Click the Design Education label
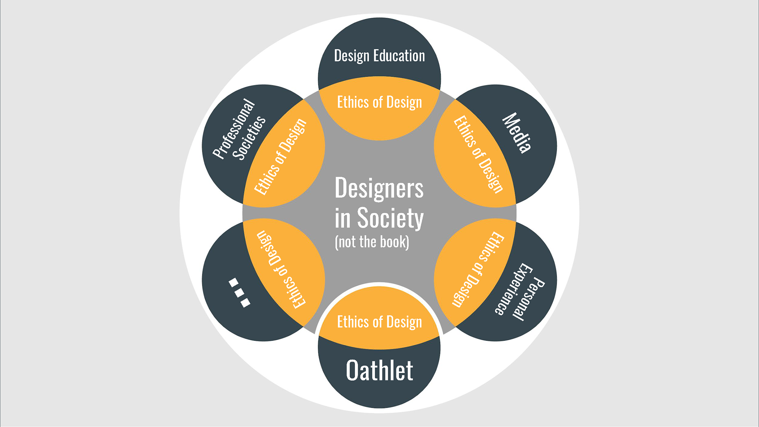pyautogui.click(x=379, y=56)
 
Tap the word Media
pyautogui.click(x=516, y=133)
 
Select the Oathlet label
pyautogui.click(x=379, y=371)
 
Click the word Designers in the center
pyautogui.click(x=379, y=188)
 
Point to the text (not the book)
pyautogui.click(x=372, y=242)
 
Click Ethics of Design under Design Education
pyautogui.click(x=379, y=102)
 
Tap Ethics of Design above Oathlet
pyautogui.click(x=379, y=322)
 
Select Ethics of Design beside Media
pyautogui.click(x=478, y=154)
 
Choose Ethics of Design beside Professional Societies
pyautogui.click(x=280, y=156)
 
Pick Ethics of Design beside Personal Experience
pyautogui.click(x=478, y=269)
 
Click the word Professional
pyautogui.click(x=234, y=128)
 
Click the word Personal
pyautogui.click(x=529, y=298)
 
